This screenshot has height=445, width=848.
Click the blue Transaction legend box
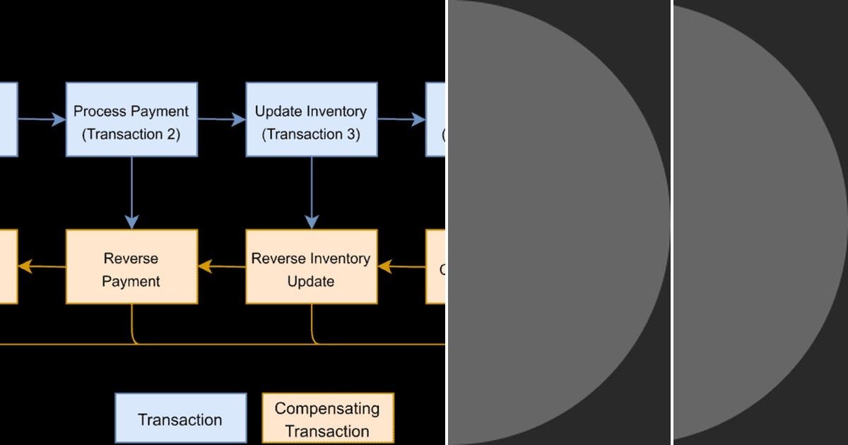click(180, 420)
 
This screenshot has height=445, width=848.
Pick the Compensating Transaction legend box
click(327, 420)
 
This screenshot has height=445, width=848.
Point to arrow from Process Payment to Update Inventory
click(222, 119)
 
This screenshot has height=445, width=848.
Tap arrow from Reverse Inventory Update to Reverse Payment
click(222, 266)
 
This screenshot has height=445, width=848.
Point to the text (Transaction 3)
click(311, 133)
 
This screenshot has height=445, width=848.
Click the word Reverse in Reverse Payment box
click(131, 259)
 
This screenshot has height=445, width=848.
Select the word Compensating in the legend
click(327, 408)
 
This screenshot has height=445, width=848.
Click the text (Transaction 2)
click(131, 133)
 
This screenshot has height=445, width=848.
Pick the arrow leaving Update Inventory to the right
click(401, 119)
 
